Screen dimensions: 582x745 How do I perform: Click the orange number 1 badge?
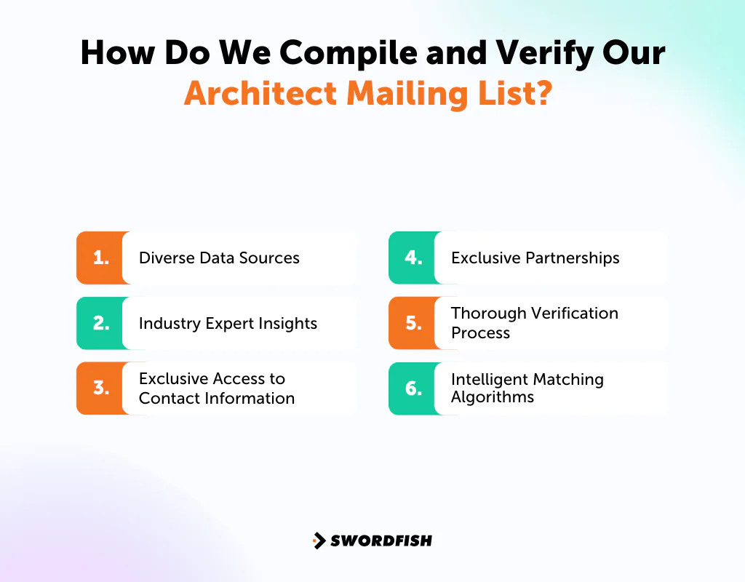pyautogui.click(x=100, y=258)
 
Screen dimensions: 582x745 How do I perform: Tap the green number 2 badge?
pyautogui.click(x=100, y=323)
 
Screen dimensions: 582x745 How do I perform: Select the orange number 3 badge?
pyautogui.click(x=100, y=388)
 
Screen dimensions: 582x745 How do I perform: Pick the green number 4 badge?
pyautogui.click(x=413, y=258)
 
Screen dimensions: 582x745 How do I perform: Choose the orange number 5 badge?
pyautogui.click(x=413, y=323)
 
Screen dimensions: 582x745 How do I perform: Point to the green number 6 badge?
pyautogui.click(x=413, y=388)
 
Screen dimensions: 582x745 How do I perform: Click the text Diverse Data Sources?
pyautogui.click(x=219, y=258)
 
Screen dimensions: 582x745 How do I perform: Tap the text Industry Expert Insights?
pyautogui.click(x=228, y=323)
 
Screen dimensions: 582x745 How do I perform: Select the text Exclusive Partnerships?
pyautogui.click(x=535, y=258)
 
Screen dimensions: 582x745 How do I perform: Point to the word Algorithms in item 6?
pyautogui.click(x=492, y=397)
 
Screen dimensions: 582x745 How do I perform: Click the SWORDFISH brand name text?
pyautogui.click(x=381, y=541)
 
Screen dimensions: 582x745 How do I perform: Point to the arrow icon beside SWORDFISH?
pyautogui.click(x=319, y=541)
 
